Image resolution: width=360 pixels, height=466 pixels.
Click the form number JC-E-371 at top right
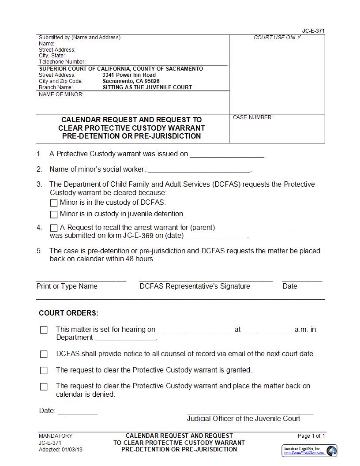click(314, 31)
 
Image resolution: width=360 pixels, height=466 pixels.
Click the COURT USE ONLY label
click(277, 38)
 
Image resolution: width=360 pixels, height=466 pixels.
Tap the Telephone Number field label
click(62, 62)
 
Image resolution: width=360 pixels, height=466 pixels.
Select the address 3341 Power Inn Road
click(129, 75)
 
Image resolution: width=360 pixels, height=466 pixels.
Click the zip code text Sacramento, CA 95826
click(131, 81)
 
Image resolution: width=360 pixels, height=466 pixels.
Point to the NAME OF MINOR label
click(61, 94)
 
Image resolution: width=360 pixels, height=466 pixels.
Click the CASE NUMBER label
click(253, 117)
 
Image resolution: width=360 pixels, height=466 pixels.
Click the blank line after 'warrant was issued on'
click(227, 154)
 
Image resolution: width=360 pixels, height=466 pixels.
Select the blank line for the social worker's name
click(199, 169)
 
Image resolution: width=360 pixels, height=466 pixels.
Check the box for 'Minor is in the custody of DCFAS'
click(54, 203)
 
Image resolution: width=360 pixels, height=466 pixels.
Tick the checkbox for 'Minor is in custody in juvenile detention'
click(54, 214)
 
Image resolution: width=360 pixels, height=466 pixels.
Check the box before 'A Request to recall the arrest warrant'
click(54, 228)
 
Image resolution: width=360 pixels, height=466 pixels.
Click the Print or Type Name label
click(67, 286)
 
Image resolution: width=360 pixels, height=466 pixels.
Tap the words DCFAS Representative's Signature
click(195, 286)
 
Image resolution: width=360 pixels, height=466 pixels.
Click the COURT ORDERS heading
click(69, 313)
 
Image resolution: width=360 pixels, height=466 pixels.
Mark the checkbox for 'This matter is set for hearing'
click(44, 330)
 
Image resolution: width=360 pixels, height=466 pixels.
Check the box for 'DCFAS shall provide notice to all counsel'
click(44, 354)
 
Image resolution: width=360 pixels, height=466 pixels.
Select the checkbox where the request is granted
click(44, 371)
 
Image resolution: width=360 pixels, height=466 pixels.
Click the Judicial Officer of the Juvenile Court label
click(244, 419)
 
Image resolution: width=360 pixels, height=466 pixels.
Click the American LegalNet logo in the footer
click(310, 451)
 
